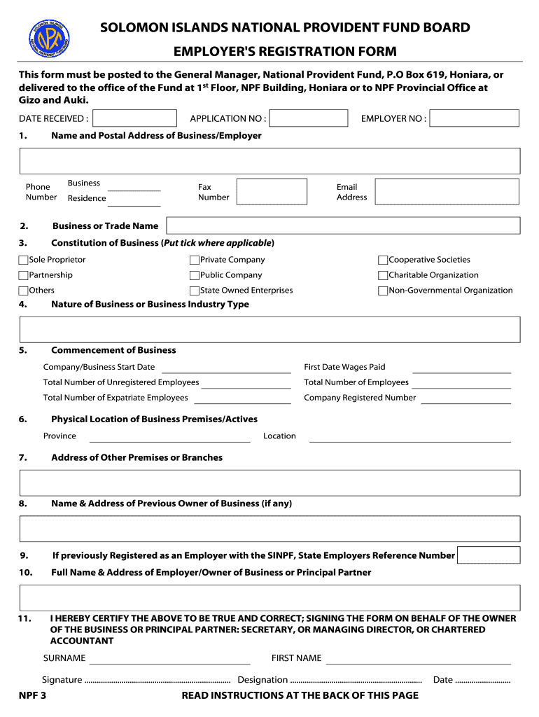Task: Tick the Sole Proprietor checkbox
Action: click(24, 260)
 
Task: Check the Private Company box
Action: click(195, 260)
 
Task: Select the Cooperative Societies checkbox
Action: click(383, 260)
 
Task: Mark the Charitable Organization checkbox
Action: click(383, 276)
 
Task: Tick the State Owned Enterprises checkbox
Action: click(195, 291)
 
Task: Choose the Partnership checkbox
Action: click(24, 276)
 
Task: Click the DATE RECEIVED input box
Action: click(134, 118)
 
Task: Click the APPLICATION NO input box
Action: click(309, 118)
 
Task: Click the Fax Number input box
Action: click(272, 192)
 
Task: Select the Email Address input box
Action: click(447, 192)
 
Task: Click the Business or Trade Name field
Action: click(342, 225)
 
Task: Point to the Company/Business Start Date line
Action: click(226, 368)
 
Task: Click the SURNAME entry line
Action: click(170, 659)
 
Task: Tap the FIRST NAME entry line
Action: click(419, 659)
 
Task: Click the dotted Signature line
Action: click(157, 681)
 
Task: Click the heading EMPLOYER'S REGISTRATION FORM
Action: click(285, 52)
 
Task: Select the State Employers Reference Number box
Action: click(489, 555)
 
